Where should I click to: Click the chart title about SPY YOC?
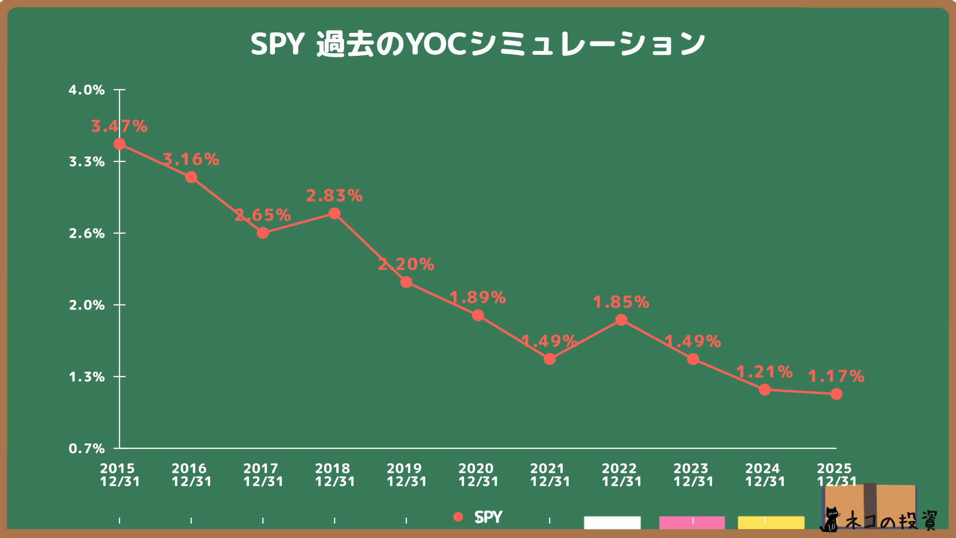[478, 44]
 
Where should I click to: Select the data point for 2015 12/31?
[119, 144]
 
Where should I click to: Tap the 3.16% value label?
[191, 159]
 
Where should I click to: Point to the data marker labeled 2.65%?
[263, 233]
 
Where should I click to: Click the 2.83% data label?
[334, 196]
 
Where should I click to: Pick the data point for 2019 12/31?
[406, 282]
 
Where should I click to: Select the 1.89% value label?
[478, 298]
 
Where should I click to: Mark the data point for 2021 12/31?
[550, 359]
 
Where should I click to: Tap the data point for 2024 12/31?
[765, 390]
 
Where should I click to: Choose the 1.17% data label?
[836, 376]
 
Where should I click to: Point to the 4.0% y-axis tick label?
[87, 90]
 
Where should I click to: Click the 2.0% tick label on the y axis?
[87, 305]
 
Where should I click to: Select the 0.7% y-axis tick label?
[87, 449]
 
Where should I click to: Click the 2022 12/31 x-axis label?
[621, 475]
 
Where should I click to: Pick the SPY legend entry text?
[488, 517]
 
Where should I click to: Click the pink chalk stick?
[692, 523]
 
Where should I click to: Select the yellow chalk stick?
[771, 523]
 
